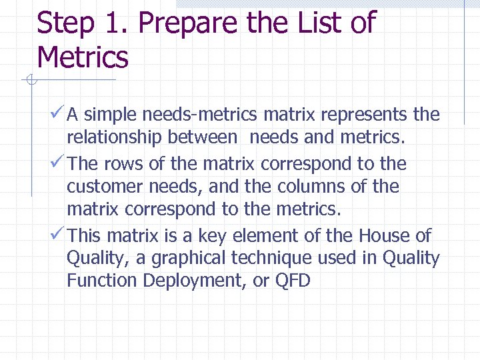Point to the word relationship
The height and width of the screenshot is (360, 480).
point(114,137)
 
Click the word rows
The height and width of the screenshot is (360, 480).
point(125,163)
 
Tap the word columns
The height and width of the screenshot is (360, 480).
point(313,186)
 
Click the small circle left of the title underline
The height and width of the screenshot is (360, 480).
point(29,81)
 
